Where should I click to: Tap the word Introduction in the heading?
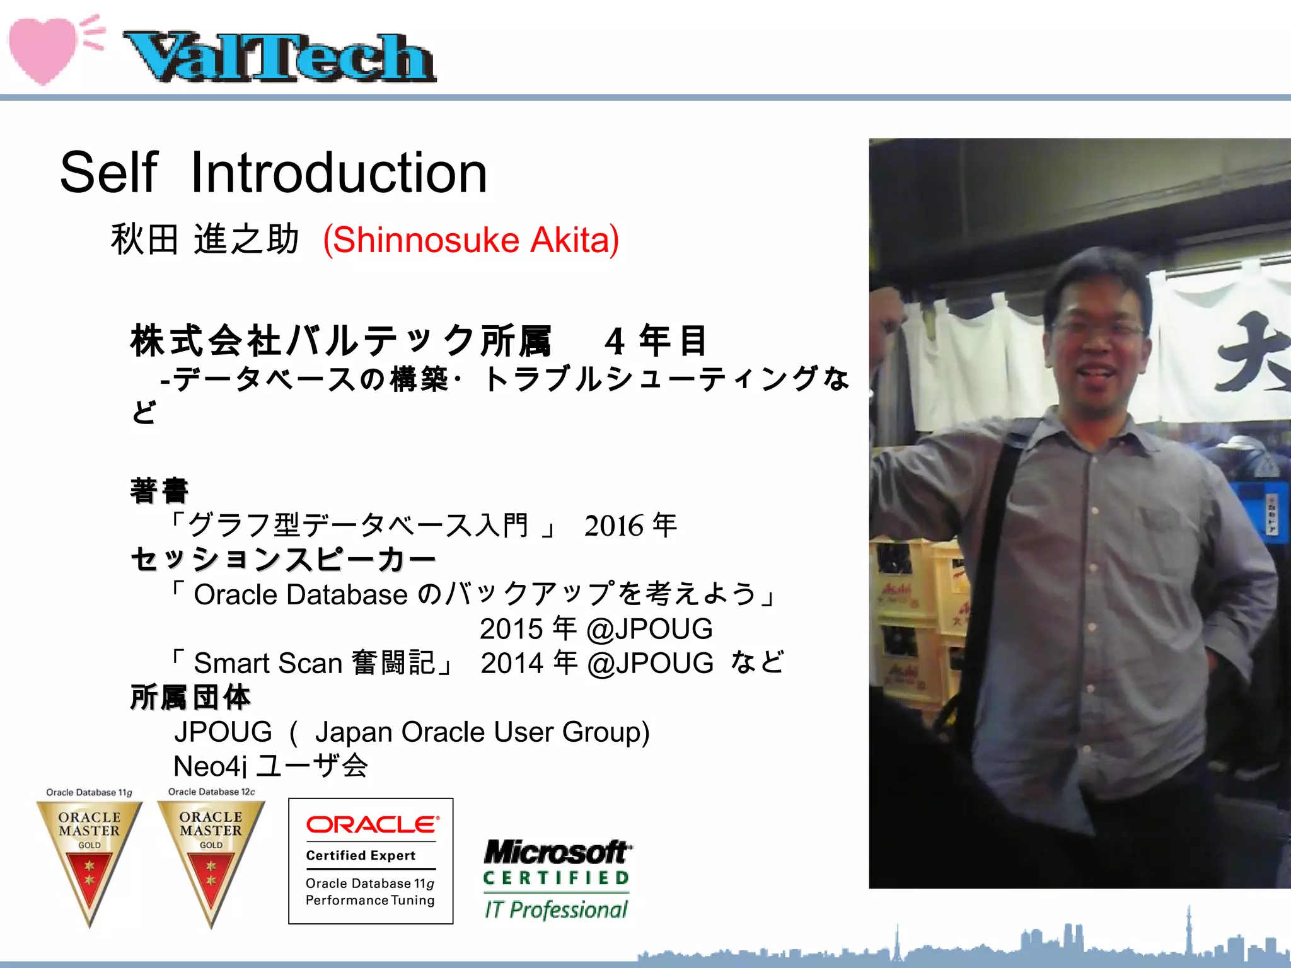coord(339,173)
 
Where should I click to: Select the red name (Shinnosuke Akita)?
coord(470,240)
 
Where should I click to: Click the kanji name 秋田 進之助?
coord(205,240)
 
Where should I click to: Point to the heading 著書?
coord(159,491)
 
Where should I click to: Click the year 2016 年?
coord(630,526)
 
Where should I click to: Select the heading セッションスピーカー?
coord(283,559)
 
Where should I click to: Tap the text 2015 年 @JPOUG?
coord(596,629)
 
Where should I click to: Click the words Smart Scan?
coord(267,663)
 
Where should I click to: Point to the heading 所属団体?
coord(190,698)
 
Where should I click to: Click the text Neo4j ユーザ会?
coord(270,766)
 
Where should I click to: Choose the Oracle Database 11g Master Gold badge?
coord(90,857)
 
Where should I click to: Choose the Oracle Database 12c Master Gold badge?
coord(211,857)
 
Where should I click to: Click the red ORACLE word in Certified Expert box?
coord(372,824)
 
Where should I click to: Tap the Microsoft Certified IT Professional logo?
coord(557,879)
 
